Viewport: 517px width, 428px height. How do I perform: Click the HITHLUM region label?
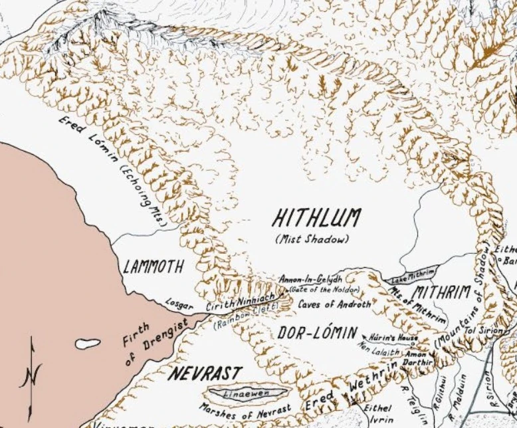pyautogui.click(x=317, y=219)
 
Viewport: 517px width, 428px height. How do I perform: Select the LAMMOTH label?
pyautogui.click(x=154, y=268)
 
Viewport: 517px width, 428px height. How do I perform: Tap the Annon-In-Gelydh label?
pyautogui.click(x=310, y=278)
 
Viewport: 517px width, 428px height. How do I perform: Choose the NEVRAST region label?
pyautogui.click(x=204, y=373)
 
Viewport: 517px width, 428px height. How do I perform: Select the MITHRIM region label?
pyautogui.click(x=441, y=292)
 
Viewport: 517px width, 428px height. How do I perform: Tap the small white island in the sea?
pyautogui.click(x=87, y=344)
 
